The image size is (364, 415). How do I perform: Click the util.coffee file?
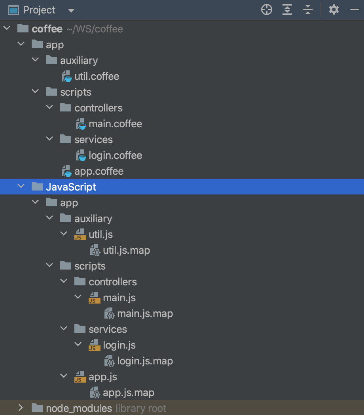[x=97, y=76]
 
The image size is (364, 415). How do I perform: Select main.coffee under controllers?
[x=115, y=124]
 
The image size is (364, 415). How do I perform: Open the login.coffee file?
[x=115, y=155]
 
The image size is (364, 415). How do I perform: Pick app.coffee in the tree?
[x=99, y=171]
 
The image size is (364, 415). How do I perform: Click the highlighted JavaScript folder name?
[x=71, y=187]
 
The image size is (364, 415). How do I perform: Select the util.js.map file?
[x=126, y=250]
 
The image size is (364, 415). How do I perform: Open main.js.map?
[x=145, y=313]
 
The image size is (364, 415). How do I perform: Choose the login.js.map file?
[x=145, y=361]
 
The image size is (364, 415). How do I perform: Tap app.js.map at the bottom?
[x=128, y=392]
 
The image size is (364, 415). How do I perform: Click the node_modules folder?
[x=79, y=408]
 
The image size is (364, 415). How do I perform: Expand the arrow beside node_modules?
[x=21, y=407]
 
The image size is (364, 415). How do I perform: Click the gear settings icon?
[x=334, y=10]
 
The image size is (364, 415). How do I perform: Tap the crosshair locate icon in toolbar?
[x=267, y=10]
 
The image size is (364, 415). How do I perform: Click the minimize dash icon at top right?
[x=354, y=10]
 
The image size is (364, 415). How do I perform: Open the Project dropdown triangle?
[x=71, y=11]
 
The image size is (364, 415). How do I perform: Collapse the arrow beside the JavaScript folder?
[x=21, y=187]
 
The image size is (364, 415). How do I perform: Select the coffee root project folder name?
[x=47, y=29]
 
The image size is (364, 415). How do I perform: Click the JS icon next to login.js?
[x=94, y=345]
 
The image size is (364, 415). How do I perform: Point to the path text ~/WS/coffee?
[x=95, y=29]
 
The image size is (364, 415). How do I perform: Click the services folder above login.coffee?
[x=93, y=140]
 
